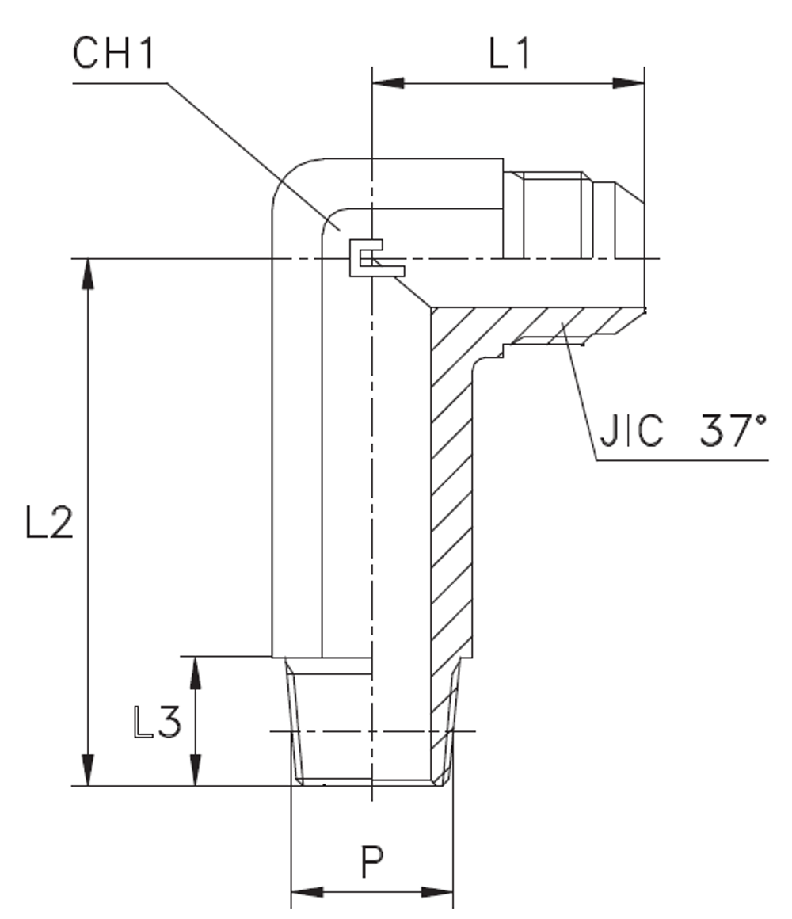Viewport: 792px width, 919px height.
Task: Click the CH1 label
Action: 116,55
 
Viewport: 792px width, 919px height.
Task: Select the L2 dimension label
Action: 50,523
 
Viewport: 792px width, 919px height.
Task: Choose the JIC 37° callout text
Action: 682,433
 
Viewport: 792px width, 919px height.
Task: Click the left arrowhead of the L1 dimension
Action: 387,82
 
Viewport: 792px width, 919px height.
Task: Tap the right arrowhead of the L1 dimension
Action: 629,82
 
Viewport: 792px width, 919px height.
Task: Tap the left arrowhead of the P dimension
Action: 307,892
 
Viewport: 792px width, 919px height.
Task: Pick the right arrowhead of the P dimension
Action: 437,892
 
